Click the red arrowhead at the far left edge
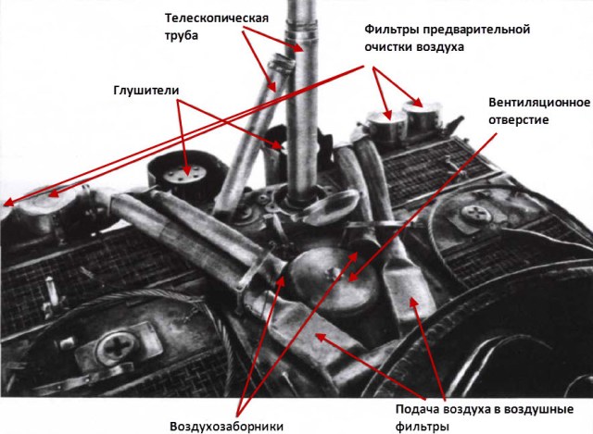(7, 205)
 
